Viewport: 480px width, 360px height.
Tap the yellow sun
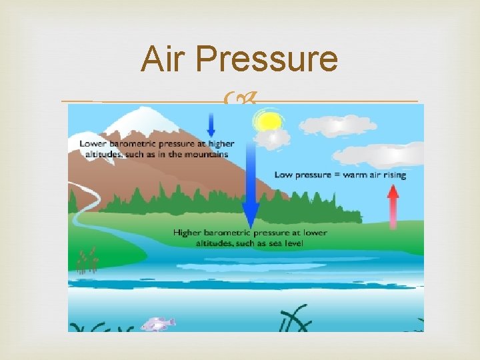[269, 121]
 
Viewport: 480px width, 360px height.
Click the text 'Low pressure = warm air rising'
[340, 175]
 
